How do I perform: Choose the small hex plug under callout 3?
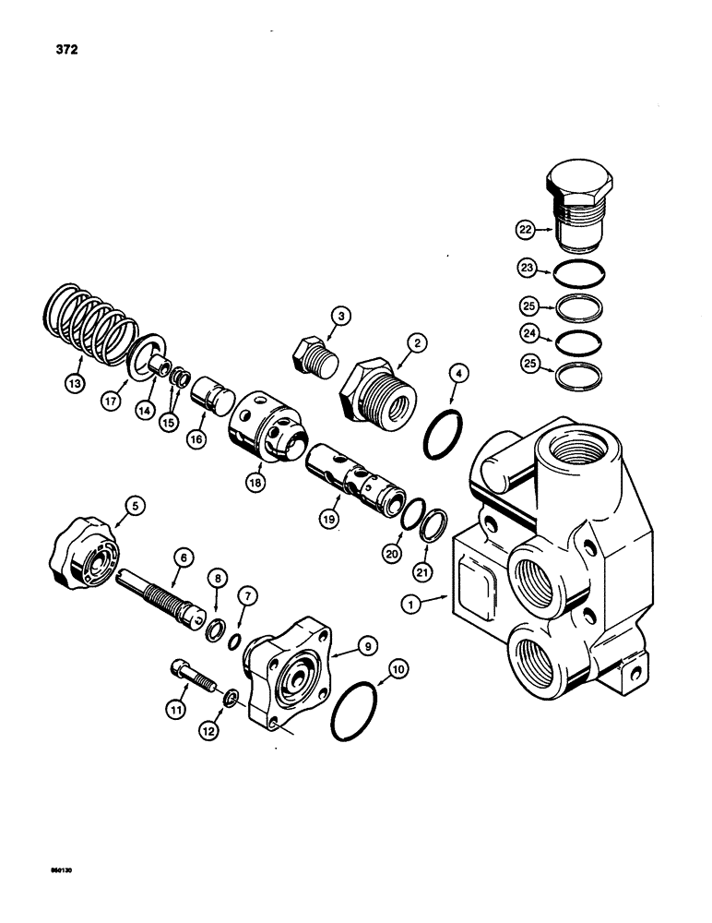(x=306, y=356)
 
